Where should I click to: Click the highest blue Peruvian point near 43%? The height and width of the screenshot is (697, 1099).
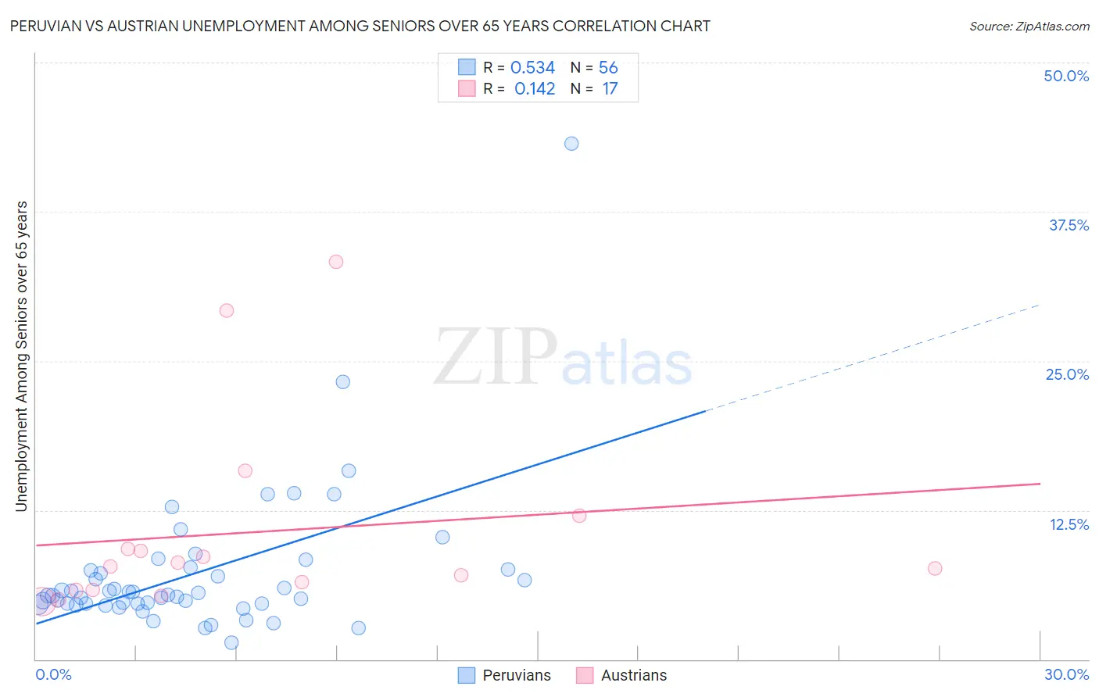(571, 144)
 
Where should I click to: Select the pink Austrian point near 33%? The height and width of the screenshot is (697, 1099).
(336, 262)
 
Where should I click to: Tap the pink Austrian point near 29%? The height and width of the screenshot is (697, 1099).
(227, 310)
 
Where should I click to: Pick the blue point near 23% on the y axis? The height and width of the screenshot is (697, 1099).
(342, 382)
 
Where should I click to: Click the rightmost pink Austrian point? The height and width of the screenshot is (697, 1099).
(935, 568)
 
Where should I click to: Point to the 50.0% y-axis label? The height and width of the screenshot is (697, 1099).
(1066, 76)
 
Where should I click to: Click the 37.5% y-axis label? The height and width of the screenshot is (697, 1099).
(1069, 225)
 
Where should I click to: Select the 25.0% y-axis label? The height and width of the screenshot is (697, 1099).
(1067, 374)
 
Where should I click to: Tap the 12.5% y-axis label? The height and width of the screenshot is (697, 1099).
(1069, 524)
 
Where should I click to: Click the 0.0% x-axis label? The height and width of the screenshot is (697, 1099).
(53, 674)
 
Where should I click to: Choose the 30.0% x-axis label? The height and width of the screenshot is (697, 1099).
(1066, 674)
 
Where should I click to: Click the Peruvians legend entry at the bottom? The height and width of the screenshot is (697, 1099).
(516, 675)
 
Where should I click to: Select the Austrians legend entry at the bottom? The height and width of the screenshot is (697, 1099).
(633, 675)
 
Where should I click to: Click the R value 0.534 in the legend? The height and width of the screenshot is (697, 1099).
(532, 68)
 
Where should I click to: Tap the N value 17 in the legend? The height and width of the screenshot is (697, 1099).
(610, 89)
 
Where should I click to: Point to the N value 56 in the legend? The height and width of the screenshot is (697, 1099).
(608, 68)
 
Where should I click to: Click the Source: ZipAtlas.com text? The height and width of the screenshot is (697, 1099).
(1029, 27)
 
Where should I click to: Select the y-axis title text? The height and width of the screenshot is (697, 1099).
(21, 356)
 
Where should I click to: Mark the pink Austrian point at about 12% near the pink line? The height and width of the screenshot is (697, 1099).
(579, 516)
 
